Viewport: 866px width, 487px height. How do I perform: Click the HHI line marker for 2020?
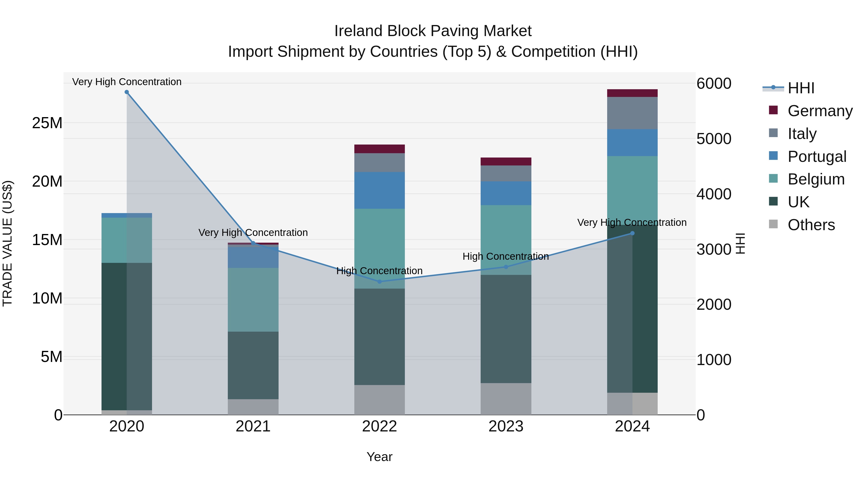[x=127, y=92]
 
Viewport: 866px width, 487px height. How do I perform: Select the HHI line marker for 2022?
[x=380, y=282]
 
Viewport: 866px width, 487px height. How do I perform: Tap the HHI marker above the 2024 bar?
[x=632, y=233]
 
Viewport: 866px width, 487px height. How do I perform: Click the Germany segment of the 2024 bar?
[x=632, y=93]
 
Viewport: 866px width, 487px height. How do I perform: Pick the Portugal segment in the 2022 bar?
[x=380, y=190]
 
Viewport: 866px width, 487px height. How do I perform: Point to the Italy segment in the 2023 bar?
[x=506, y=173]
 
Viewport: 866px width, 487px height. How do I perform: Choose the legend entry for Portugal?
[x=817, y=157]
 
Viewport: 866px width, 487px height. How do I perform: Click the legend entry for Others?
[x=811, y=225]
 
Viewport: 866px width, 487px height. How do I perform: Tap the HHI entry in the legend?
[x=801, y=88]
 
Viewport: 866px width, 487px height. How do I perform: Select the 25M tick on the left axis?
[x=47, y=123]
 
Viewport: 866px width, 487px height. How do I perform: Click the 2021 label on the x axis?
[x=253, y=426]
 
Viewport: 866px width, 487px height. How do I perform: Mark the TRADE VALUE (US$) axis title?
[x=8, y=243]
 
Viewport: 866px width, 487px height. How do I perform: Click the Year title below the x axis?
[x=380, y=457]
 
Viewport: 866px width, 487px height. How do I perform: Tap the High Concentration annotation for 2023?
[x=506, y=256]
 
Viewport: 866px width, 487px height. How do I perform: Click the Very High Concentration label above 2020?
[x=127, y=82]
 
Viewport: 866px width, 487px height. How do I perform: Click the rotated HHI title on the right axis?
[x=740, y=243]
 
